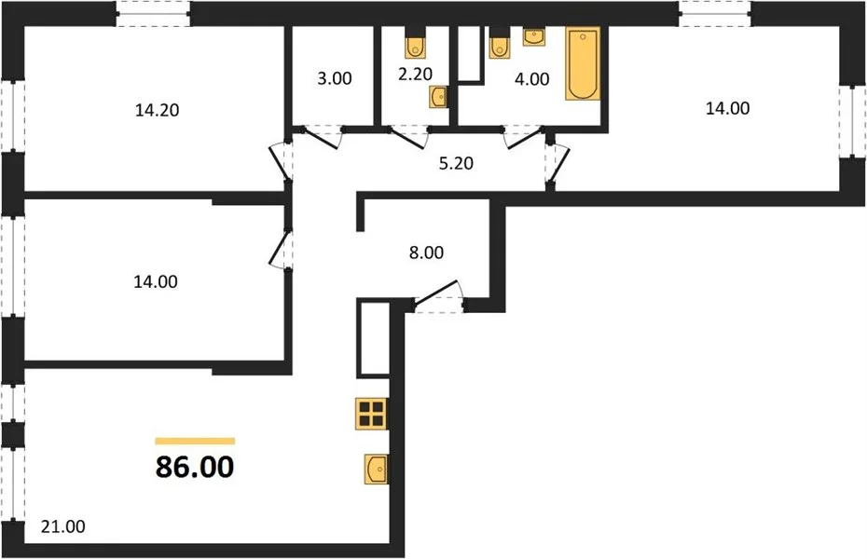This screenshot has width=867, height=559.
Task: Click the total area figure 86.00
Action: tap(195, 468)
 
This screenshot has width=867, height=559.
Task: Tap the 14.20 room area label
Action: tap(157, 111)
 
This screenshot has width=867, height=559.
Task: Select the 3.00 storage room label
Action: tap(335, 78)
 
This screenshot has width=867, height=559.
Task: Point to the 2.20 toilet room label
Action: tap(415, 74)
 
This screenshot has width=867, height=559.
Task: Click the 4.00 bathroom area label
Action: tap(532, 79)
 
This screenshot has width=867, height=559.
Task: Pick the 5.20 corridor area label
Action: tap(456, 163)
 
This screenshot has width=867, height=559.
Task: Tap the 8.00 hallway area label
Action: tap(426, 252)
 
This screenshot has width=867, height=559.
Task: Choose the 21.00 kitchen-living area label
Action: tap(63, 526)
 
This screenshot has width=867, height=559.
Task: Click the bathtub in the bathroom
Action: tap(583, 64)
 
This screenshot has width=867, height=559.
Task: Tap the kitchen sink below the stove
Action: tap(376, 469)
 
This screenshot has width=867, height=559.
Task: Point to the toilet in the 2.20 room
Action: tap(415, 48)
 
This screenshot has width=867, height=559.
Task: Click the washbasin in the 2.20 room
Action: tap(439, 97)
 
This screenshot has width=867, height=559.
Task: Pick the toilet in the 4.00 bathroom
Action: tap(500, 48)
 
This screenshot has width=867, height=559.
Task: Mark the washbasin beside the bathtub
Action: tap(533, 37)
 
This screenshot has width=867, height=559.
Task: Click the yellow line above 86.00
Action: tap(195, 441)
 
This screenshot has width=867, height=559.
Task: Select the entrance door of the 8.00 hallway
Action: tap(438, 298)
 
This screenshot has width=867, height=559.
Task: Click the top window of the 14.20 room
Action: tap(153, 13)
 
